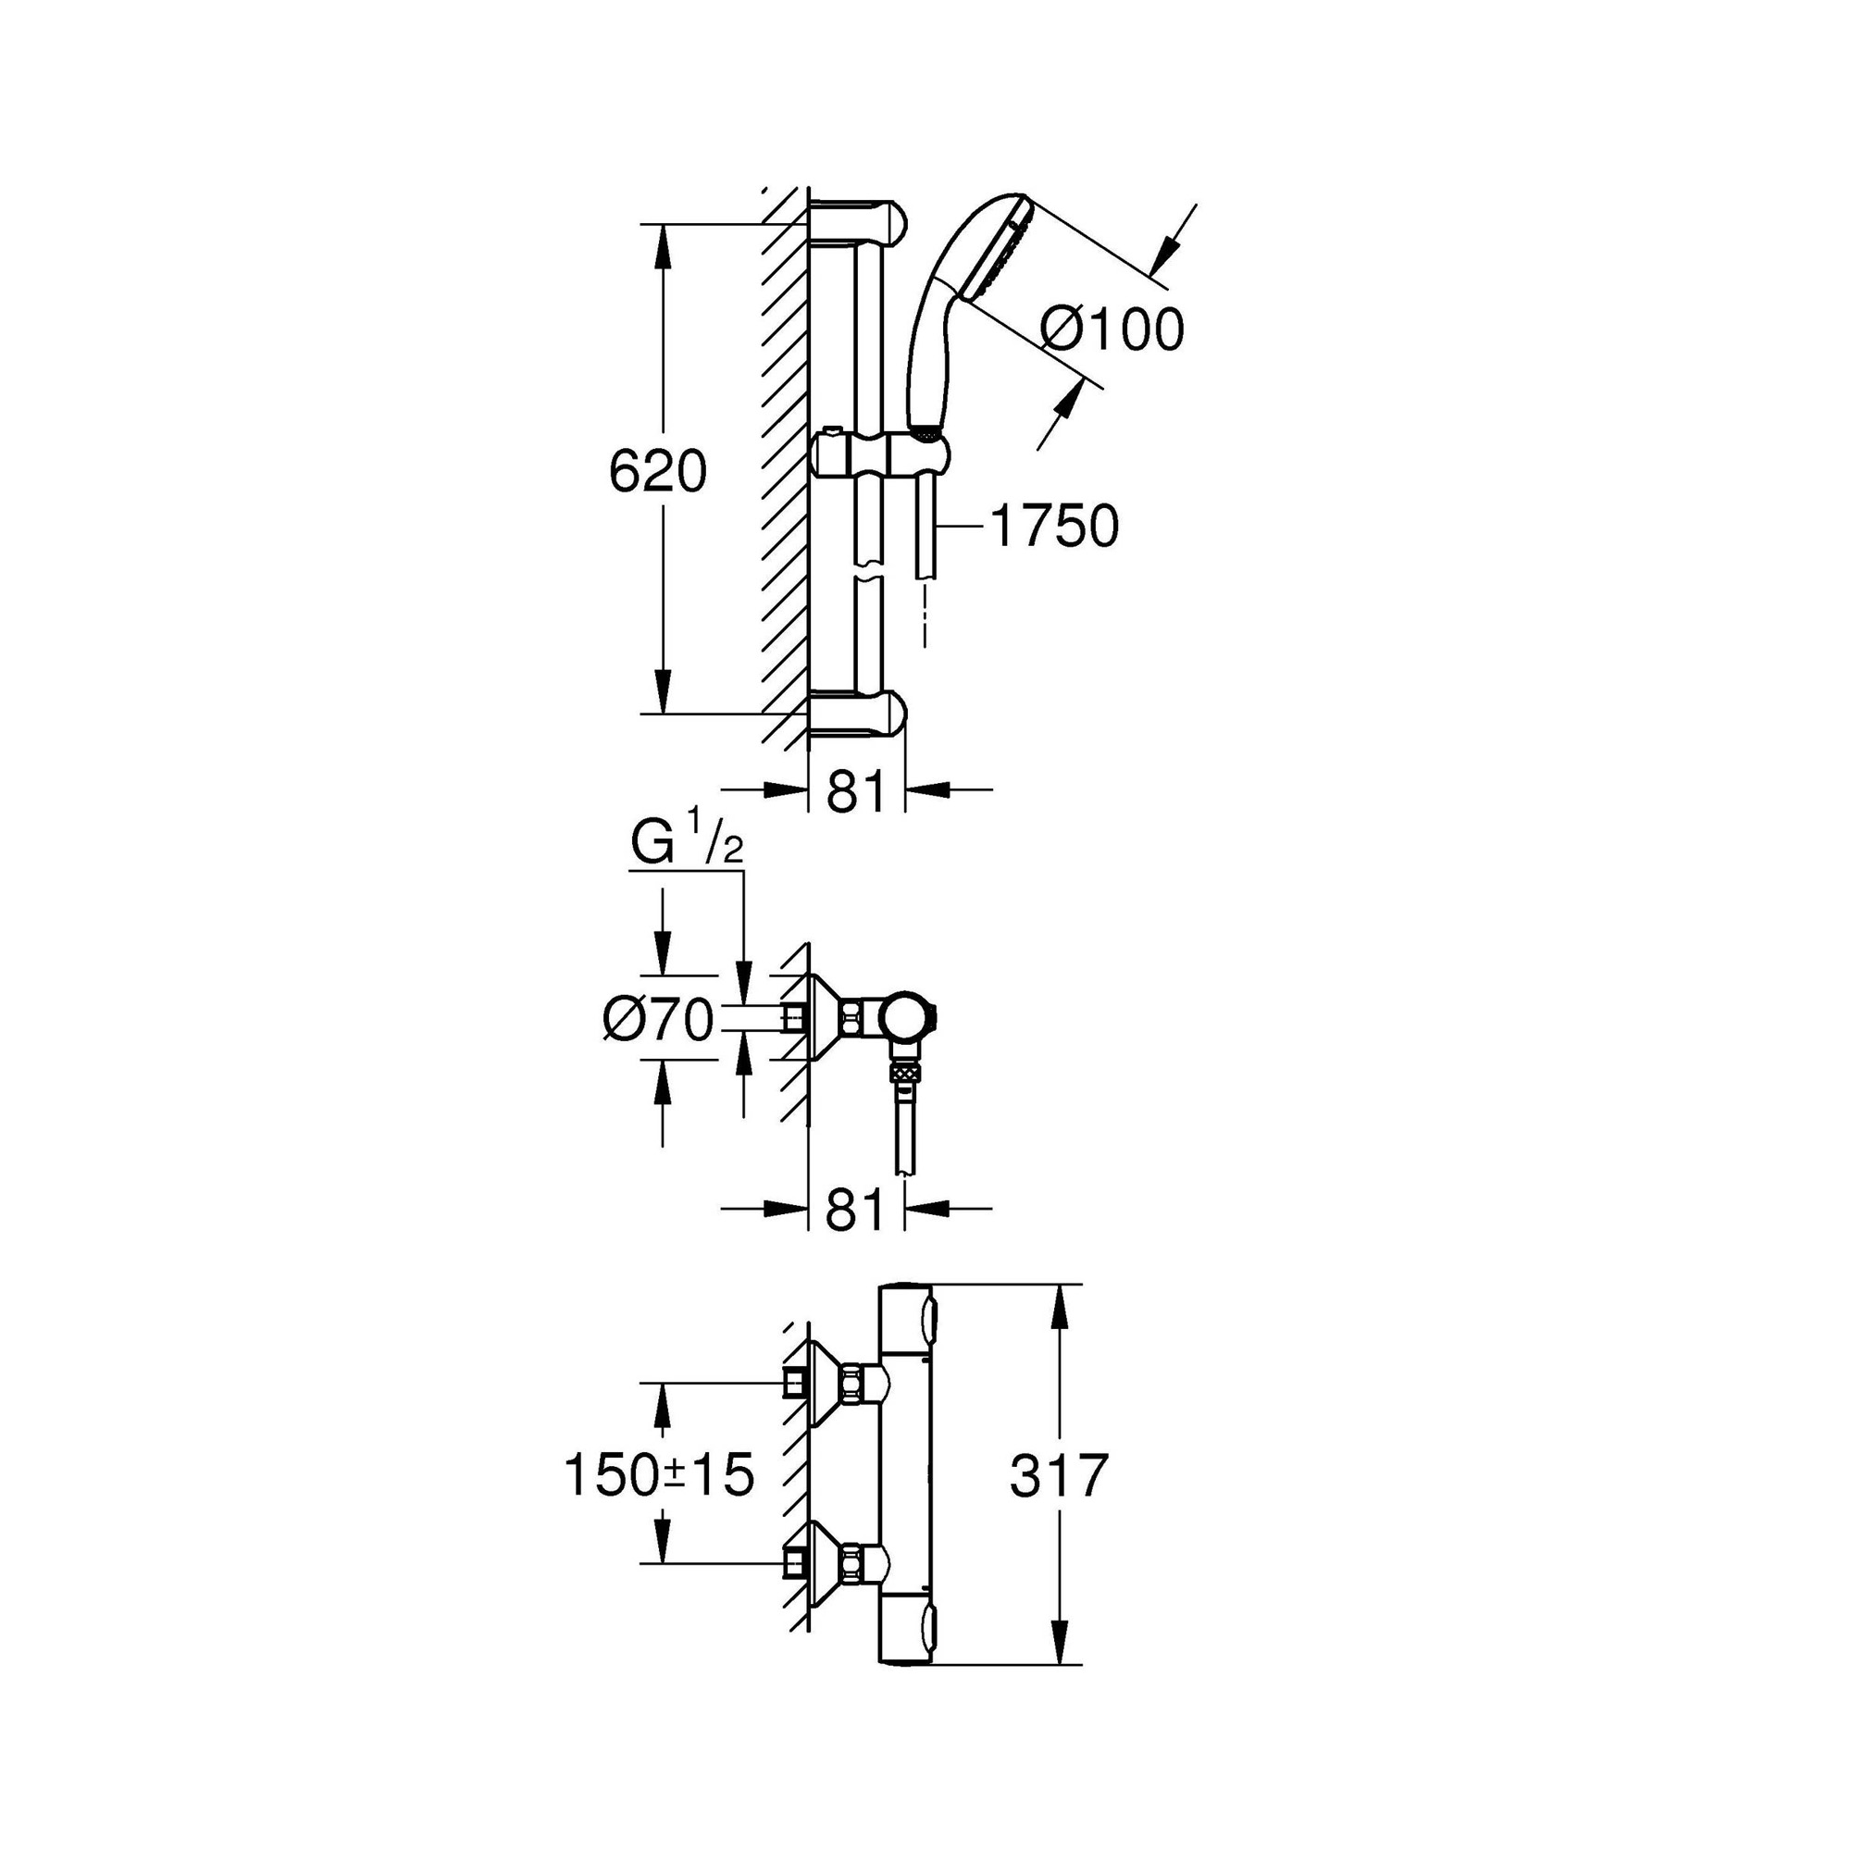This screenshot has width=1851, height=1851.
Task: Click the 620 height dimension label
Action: [x=658, y=471]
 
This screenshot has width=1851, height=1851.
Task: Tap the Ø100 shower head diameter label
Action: [x=1112, y=330]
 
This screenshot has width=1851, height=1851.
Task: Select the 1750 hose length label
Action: [x=1055, y=526]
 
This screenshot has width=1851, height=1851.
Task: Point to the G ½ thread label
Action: [x=687, y=844]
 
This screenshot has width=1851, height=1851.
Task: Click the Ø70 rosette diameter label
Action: [x=659, y=1019]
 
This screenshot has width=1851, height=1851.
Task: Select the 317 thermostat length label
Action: [x=1059, y=1474]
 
